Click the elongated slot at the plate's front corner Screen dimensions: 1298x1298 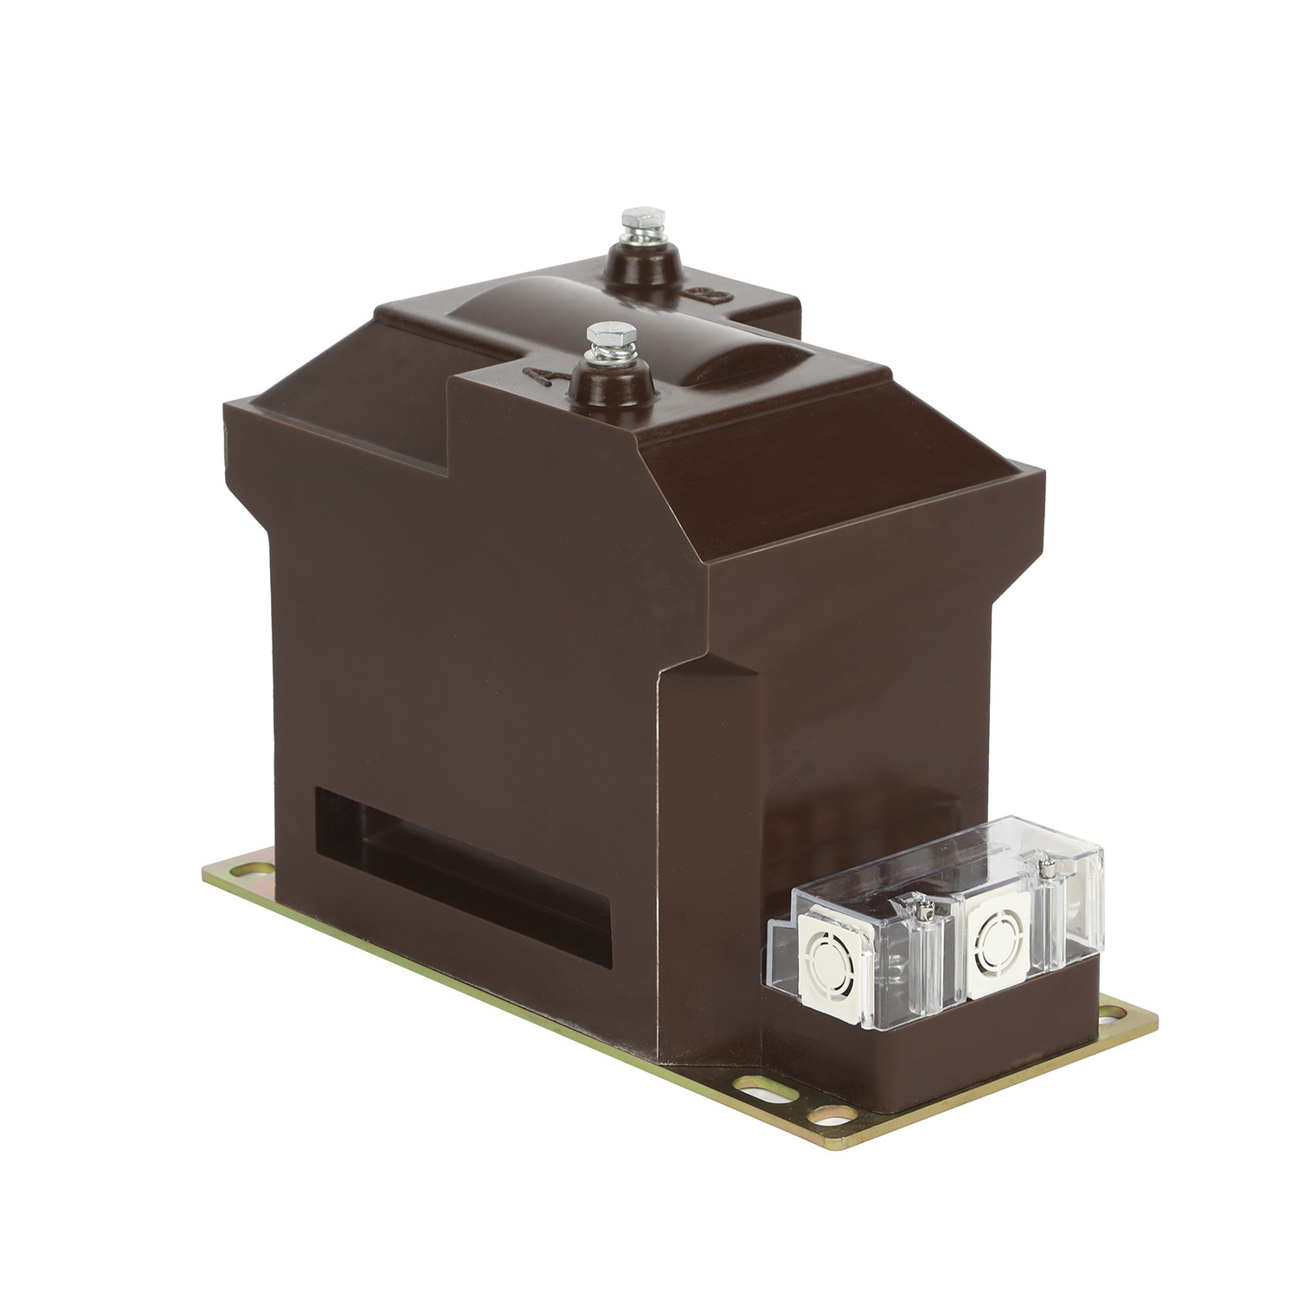pyautogui.click(x=752, y=1083)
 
